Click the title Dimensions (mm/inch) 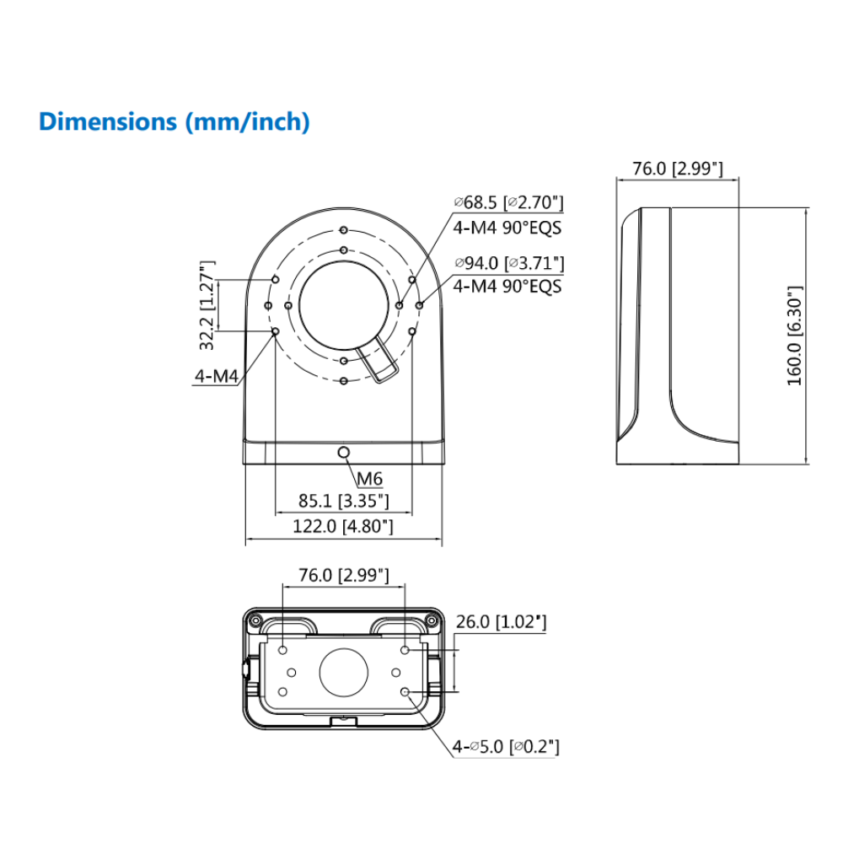click(x=175, y=121)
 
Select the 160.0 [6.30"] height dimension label click(x=795, y=336)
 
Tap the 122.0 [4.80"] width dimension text click(x=343, y=527)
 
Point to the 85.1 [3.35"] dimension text click(x=343, y=501)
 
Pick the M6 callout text click(x=369, y=480)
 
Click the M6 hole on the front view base click(x=343, y=454)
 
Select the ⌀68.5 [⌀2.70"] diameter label click(x=507, y=202)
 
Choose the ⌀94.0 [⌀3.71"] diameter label click(x=508, y=264)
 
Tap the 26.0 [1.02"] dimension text click(x=501, y=622)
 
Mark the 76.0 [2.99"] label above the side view click(x=678, y=169)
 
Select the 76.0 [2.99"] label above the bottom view click(x=344, y=576)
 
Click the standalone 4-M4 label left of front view click(x=217, y=376)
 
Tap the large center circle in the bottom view click(x=344, y=672)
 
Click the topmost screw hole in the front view click(x=344, y=229)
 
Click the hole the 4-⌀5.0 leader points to click(x=405, y=692)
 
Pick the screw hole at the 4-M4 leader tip click(x=275, y=332)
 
